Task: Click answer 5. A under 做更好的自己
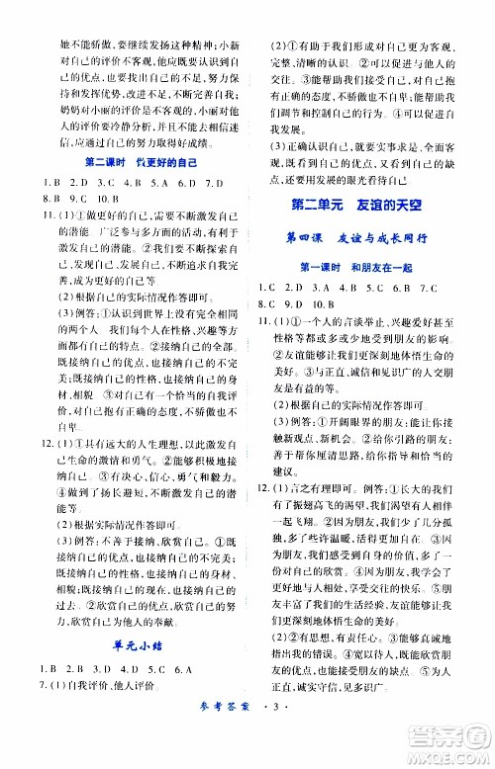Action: [156, 183]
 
